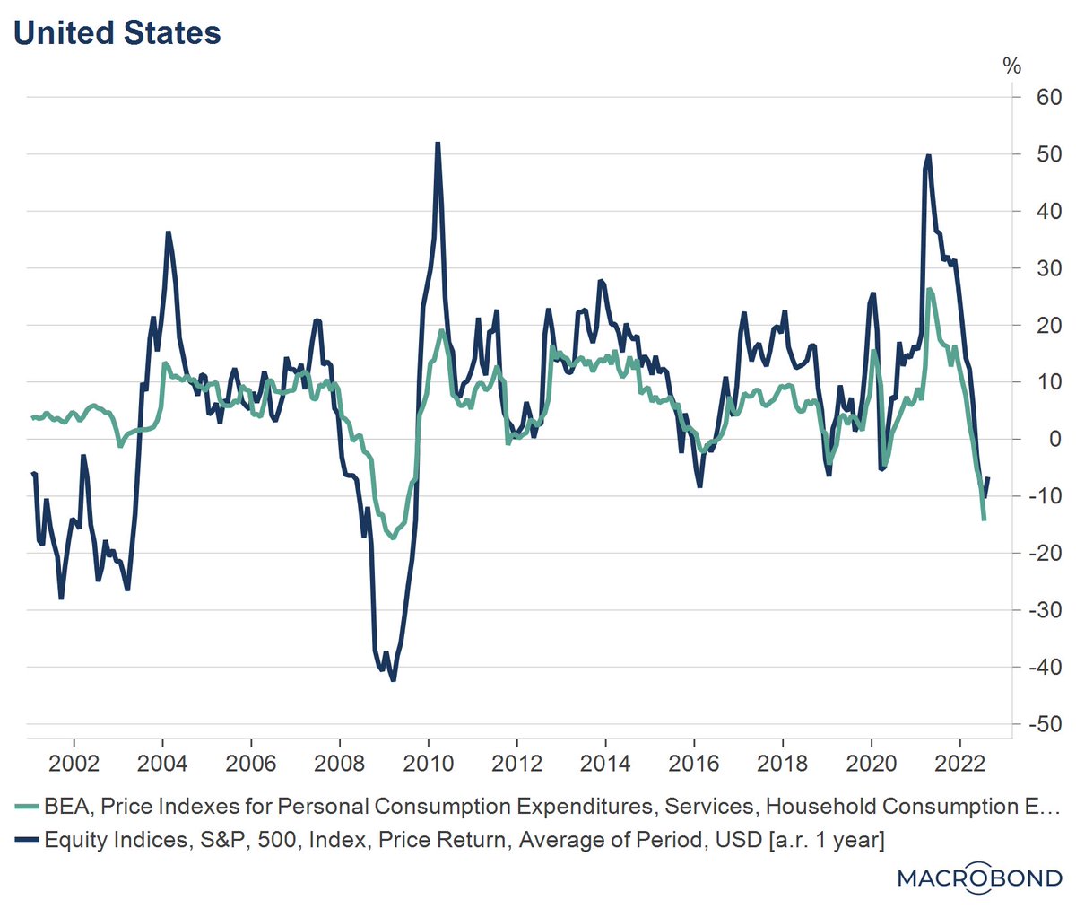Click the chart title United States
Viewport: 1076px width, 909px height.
click(117, 33)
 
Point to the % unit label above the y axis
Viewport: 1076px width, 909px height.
click(1011, 66)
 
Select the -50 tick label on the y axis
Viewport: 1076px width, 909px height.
click(1044, 724)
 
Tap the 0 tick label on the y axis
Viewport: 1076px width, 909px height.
click(1054, 439)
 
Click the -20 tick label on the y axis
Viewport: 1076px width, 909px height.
click(1044, 553)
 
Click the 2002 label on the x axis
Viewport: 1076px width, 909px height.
click(73, 764)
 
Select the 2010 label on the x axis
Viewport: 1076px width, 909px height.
click(428, 764)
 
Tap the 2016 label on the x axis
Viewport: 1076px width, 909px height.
click(694, 764)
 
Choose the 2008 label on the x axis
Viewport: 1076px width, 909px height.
click(339, 764)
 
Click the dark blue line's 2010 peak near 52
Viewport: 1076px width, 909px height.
click(438, 144)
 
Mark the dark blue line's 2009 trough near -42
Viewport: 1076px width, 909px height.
click(393, 680)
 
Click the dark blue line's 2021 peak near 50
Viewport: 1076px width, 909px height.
click(928, 156)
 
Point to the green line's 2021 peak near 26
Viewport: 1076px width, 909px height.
click(930, 290)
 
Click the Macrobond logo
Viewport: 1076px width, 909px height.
click(979, 878)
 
